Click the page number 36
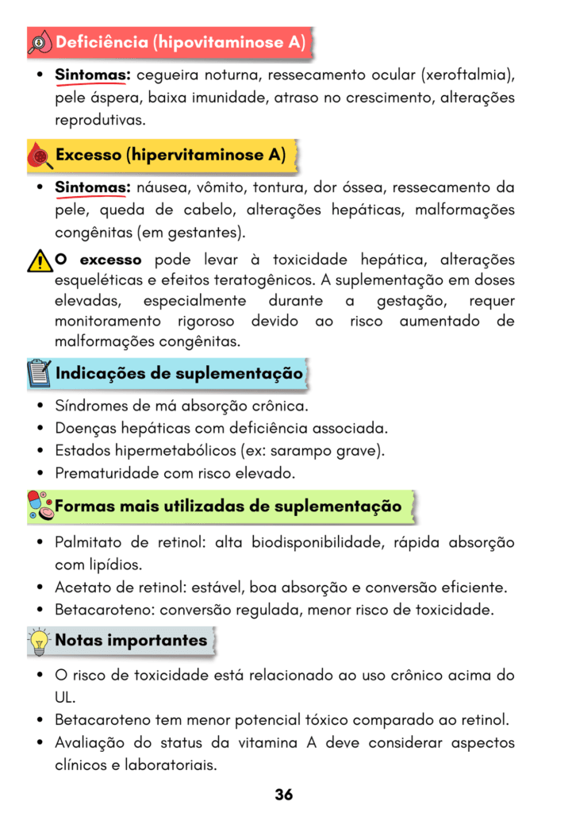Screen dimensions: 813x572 pos(285,794)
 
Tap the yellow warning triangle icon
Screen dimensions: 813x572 pos(38,260)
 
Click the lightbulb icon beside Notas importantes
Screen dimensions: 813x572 pos(38,641)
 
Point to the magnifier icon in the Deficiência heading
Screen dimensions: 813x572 pos(40,43)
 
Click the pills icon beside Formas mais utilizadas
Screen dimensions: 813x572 pos(40,506)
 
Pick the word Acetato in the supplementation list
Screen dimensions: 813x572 pos(80,588)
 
